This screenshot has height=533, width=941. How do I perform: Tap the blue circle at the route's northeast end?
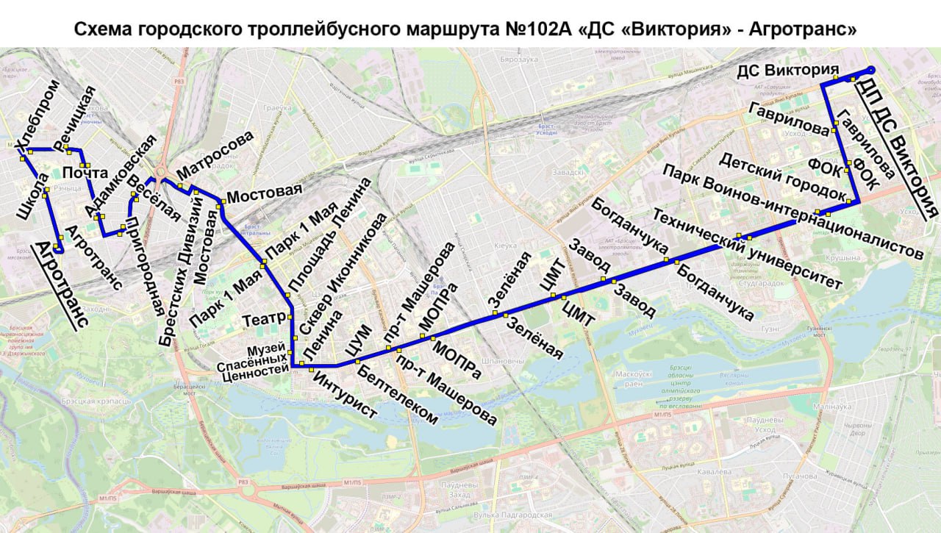point(871,70)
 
